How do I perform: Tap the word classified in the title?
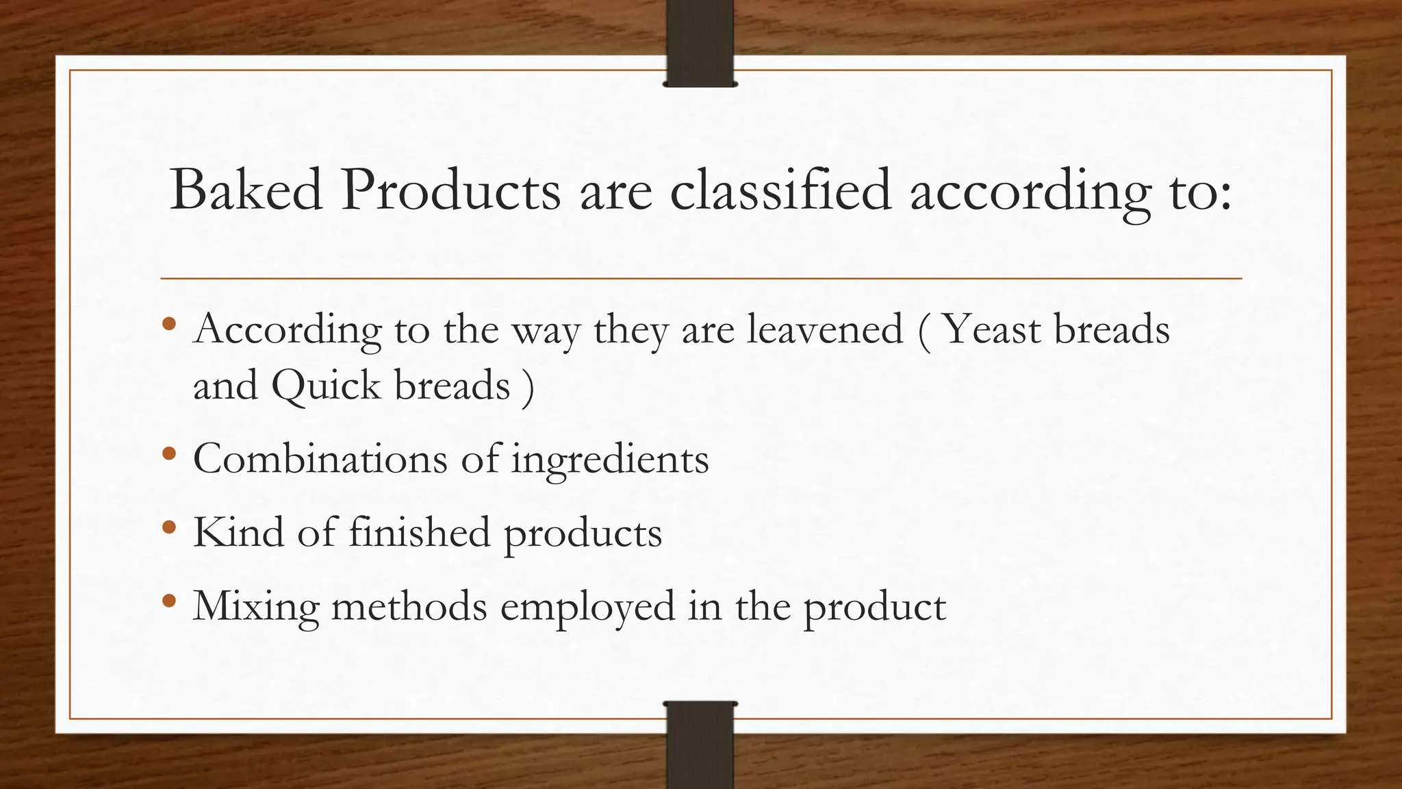tap(780, 190)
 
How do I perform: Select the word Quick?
tap(326, 386)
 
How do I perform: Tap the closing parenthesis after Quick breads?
tap(527, 387)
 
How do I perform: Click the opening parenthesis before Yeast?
tap(924, 331)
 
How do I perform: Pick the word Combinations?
tap(320, 458)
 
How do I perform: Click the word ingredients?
tap(610, 460)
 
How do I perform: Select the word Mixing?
tap(256, 608)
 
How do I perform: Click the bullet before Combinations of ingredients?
tap(170, 454)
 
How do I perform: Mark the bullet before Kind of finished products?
tap(170, 528)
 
